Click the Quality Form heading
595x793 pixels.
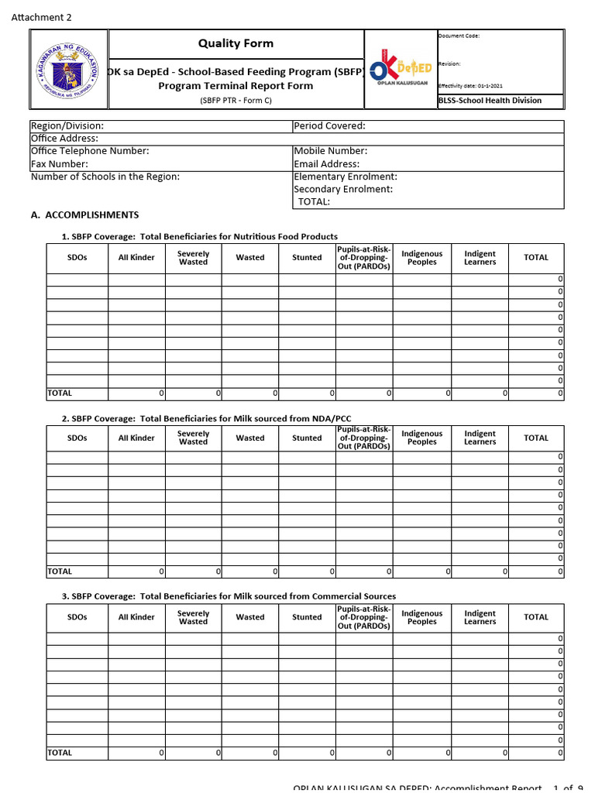pyautogui.click(x=236, y=43)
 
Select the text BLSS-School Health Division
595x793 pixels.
pyautogui.click(x=490, y=101)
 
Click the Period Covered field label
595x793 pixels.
pyautogui.click(x=329, y=126)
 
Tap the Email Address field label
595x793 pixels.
pyautogui.click(x=326, y=164)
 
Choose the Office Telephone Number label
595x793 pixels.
pyautogui.click(x=90, y=151)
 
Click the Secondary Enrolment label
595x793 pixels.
pyautogui.click(x=343, y=189)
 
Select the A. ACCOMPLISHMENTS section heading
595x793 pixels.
pyautogui.click(x=84, y=215)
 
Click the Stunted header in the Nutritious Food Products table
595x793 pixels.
pyautogui.click(x=307, y=258)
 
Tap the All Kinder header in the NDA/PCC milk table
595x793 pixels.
pyautogui.click(x=136, y=438)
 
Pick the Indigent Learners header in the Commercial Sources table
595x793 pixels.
pyautogui.click(x=480, y=617)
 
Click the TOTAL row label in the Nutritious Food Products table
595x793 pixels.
pyautogui.click(x=60, y=393)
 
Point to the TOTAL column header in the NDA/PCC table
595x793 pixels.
pyautogui.click(x=535, y=438)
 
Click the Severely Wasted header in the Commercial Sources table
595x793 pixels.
pyautogui.click(x=193, y=617)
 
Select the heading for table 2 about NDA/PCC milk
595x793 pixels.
pyautogui.click(x=206, y=419)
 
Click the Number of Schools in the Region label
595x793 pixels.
pyautogui.click(x=105, y=177)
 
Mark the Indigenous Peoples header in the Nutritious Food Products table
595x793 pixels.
pyautogui.click(x=421, y=258)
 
